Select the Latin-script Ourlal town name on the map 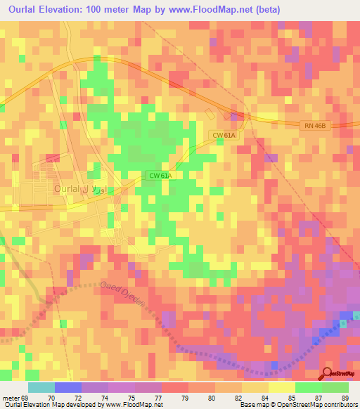(67, 190)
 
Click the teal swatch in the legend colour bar (41, 387)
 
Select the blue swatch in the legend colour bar (68, 387)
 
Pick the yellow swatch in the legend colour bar (282, 387)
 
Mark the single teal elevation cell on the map (343, 323)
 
